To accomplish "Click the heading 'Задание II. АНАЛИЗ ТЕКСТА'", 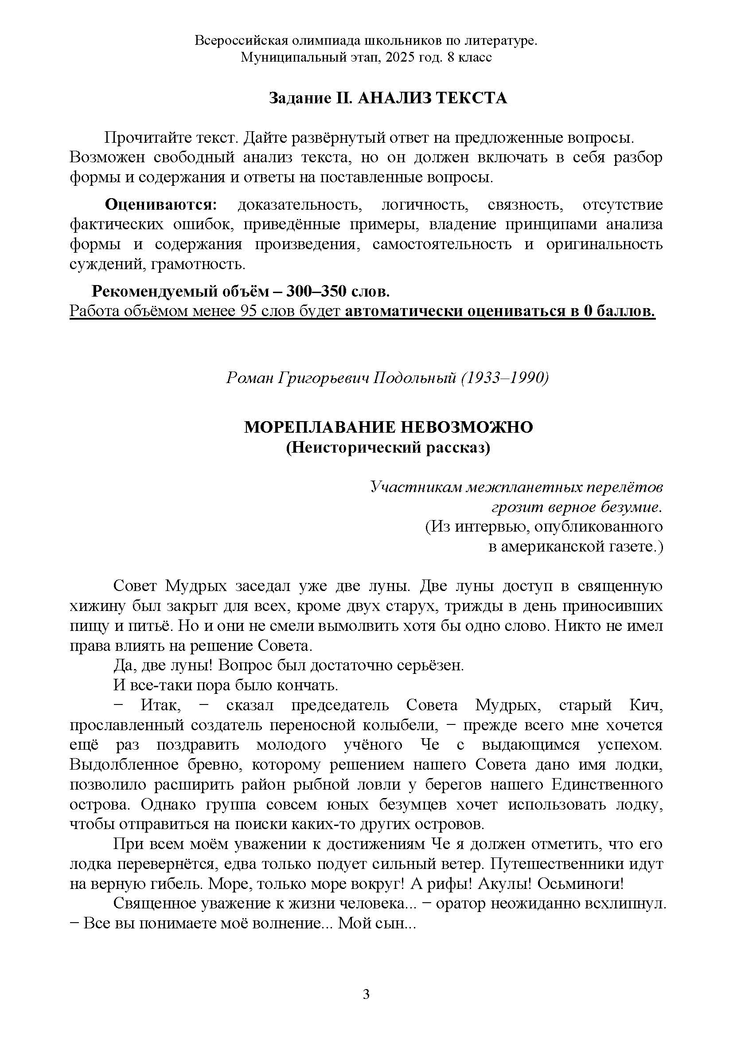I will [388, 98].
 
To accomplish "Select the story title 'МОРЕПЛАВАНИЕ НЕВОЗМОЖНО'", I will [388, 427].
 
